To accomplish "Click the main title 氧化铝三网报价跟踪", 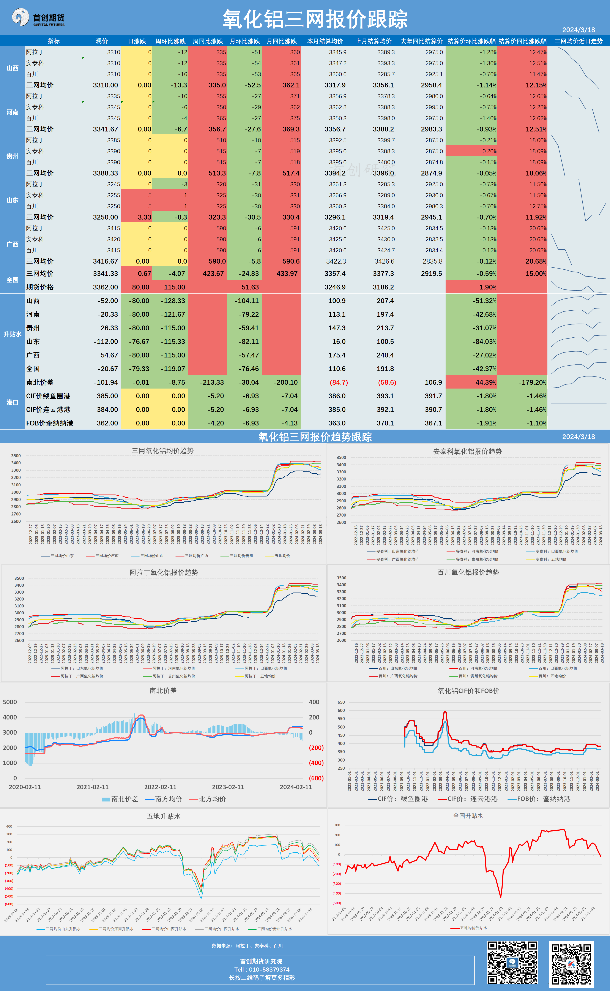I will pos(315,19).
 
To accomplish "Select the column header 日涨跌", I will pos(137,41).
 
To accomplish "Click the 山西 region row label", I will pos(13,68).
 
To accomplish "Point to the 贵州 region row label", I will pos(13,156).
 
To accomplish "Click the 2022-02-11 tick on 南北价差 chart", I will pos(160,787).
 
